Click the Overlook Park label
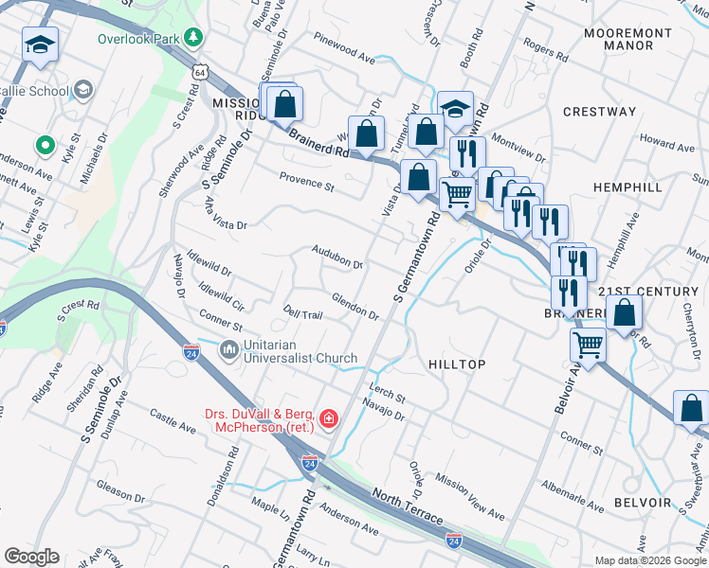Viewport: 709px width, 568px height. point(137,39)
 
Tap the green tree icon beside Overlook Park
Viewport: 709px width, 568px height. point(193,38)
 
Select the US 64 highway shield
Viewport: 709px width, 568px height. point(199,72)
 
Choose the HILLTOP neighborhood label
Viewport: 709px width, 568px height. point(457,364)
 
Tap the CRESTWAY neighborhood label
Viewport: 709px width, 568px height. point(599,112)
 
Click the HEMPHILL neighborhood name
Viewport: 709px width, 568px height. point(627,188)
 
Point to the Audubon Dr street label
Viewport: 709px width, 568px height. point(337,257)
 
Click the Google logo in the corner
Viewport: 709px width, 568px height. point(30,557)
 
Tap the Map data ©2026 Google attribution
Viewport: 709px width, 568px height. point(648,560)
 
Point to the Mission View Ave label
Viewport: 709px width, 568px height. point(470,497)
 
